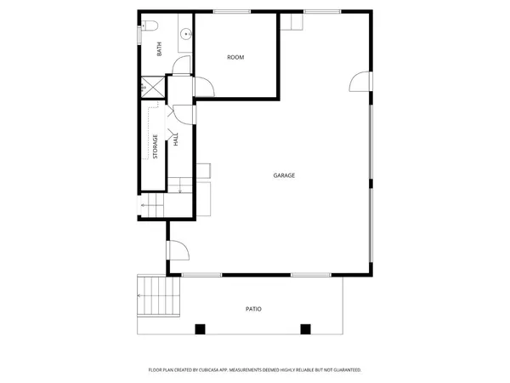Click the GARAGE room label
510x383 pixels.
tap(284, 175)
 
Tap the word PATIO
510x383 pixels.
tap(253, 309)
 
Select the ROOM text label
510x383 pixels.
tap(235, 57)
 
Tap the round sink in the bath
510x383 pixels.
tap(184, 35)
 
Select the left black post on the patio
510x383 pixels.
tap(200, 329)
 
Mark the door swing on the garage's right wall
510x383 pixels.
tap(362, 81)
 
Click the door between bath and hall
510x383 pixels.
tap(182, 68)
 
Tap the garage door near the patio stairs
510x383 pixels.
tap(177, 249)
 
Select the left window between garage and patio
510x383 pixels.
tap(202, 275)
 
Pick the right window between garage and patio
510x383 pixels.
tap(310, 275)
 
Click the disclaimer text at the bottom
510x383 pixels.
tap(255, 370)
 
